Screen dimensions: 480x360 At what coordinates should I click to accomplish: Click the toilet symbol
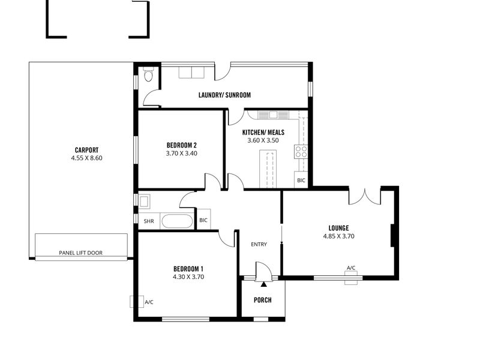point(148,74)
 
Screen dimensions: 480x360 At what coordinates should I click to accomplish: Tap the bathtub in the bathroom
point(177,221)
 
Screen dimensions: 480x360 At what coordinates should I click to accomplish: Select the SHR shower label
point(149,221)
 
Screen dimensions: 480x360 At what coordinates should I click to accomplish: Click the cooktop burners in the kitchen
point(301,152)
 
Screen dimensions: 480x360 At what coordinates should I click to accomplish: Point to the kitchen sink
point(273,115)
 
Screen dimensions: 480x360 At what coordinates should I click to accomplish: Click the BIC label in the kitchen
point(301,181)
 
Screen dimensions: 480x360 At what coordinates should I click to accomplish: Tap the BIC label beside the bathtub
point(203,220)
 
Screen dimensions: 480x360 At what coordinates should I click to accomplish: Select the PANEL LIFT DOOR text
point(81,253)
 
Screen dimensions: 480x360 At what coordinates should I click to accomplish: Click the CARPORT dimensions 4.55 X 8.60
point(86,158)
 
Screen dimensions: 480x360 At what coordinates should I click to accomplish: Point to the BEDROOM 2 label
point(182,145)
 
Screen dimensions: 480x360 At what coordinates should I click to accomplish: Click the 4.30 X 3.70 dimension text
point(188,277)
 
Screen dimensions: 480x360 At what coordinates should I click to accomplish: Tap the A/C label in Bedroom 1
point(149,302)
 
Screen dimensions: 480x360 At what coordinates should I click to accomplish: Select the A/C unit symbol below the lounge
point(351,278)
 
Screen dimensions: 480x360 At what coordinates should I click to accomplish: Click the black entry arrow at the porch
point(263,284)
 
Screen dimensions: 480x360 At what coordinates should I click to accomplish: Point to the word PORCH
point(263,300)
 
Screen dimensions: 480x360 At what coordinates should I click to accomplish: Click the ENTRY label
point(259,244)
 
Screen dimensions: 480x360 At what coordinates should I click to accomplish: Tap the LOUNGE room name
point(338,228)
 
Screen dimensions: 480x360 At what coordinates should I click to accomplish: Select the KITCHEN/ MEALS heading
point(263,132)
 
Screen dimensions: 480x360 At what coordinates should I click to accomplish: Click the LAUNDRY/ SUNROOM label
point(224,95)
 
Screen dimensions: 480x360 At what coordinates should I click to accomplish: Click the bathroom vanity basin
point(144,202)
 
